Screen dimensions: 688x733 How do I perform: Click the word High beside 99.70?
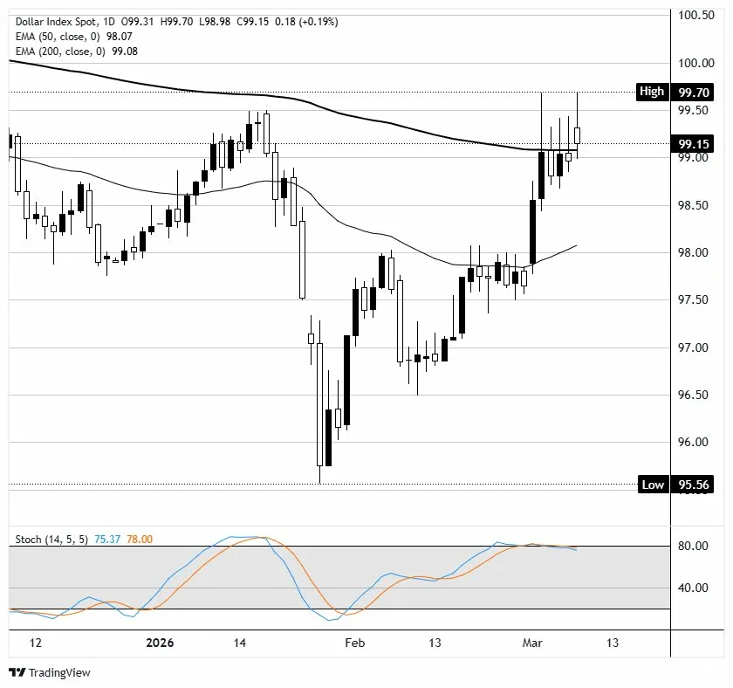[x=652, y=92]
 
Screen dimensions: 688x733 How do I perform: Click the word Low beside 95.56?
[x=653, y=485]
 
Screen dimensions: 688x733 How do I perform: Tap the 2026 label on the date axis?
[x=159, y=643]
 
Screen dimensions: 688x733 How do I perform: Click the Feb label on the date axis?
[x=353, y=643]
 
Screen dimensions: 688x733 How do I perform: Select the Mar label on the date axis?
[x=531, y=643]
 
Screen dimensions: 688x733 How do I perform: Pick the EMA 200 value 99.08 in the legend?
[x=123, y=52]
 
